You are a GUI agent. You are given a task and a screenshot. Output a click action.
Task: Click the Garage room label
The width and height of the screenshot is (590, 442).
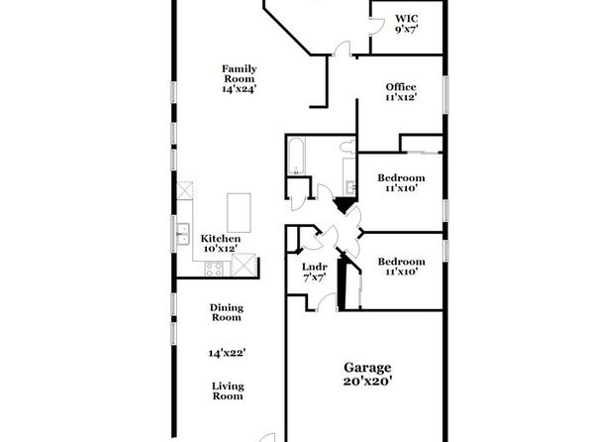click(x=367, y=368)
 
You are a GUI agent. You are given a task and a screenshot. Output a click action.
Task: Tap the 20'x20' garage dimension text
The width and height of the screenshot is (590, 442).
click(x=367, y=381)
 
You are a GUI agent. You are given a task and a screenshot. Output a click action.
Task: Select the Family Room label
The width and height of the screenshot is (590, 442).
click(x=240, y=74)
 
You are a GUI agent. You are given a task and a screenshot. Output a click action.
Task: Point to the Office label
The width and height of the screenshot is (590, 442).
click(x=401, y=87)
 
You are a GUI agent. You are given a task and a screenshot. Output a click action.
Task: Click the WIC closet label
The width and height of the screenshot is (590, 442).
click(x=407, y=19)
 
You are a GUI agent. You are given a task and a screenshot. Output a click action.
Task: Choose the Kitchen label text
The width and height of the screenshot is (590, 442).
click(x=221, y=239)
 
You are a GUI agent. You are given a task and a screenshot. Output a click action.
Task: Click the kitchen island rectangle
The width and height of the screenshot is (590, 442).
click(x=239, y=212)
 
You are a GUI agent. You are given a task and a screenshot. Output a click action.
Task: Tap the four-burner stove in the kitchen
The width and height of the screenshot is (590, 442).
click(x=214, y=269)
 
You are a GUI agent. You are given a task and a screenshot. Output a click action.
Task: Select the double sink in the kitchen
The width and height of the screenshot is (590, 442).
click(x=183, y=234)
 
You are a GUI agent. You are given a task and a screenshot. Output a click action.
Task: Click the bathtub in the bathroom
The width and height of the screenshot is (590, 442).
click(x=297, y=156)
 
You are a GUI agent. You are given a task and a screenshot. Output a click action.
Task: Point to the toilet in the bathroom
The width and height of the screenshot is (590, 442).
click(x=347, y=147)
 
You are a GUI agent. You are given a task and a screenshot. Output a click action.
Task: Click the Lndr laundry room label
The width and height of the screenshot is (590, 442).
click(x=315, y=268)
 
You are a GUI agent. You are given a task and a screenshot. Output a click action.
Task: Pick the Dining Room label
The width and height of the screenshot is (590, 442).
click(x=227, y=312)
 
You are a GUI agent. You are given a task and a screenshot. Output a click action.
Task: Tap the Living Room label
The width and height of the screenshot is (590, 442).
click(x=228, y=390)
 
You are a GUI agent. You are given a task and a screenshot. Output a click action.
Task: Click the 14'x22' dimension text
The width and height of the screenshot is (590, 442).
click(x=228, y=353)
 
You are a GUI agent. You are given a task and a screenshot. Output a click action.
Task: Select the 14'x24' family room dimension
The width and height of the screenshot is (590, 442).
click(x=240, y=89)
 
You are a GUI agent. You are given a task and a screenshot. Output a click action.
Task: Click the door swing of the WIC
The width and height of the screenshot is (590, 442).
click(x=377, y=26)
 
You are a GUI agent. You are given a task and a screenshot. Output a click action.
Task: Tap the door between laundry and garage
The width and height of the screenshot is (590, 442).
click(x=327, y=302)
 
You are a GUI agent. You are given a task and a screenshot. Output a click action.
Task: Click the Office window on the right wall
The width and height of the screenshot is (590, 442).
click(x=445, y=94)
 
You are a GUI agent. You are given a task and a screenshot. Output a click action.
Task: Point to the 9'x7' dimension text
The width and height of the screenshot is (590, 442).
click(x=407, y=29)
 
